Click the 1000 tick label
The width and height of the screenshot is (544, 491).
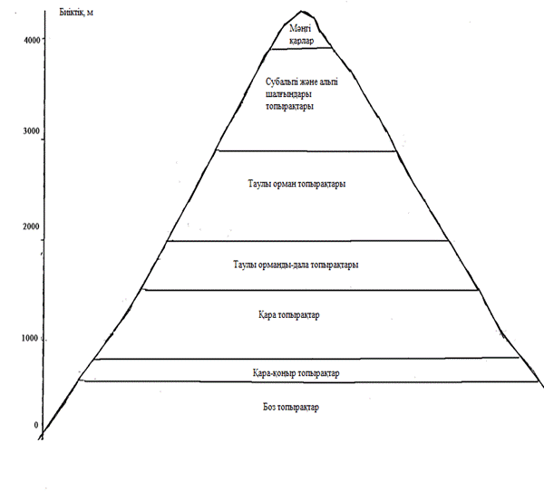point(30,338)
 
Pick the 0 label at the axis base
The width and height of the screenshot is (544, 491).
point(37,424)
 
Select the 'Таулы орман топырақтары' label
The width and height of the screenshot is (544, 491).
point(297,184)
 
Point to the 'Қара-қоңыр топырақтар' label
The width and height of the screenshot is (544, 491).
point(296,372)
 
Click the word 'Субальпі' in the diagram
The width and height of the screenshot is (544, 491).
point(274,82)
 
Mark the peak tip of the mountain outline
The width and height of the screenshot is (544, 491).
point(300,11)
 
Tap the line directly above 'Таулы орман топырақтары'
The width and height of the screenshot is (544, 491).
point(306,151)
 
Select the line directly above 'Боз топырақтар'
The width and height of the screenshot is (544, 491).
point(308,381)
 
